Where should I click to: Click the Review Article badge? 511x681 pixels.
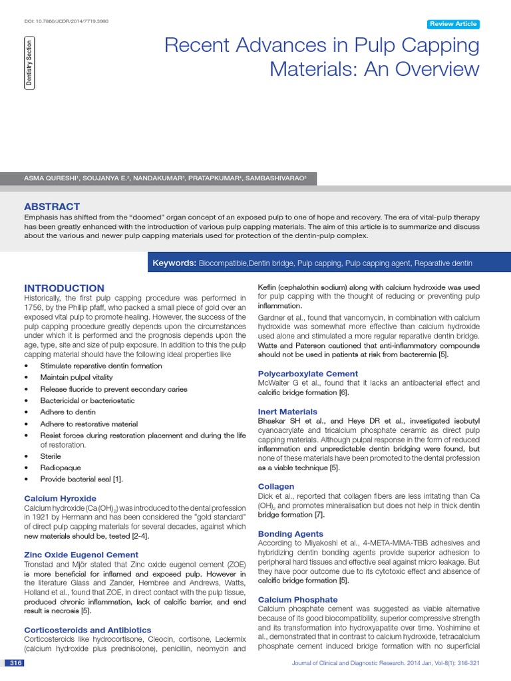[x=453, y=24]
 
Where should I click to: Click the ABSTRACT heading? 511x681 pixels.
[x=52, y=207]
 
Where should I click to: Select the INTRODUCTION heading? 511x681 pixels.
[x=64, y=288]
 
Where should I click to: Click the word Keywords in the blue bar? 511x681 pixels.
[x=174, y=263]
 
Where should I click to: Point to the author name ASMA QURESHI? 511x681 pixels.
[x=52, y=178]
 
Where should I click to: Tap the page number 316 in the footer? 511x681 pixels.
[x=14, y=663]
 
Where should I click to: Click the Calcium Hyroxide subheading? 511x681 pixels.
[x=60, y=498]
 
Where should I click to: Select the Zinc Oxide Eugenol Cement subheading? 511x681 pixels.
[x=81, y=555]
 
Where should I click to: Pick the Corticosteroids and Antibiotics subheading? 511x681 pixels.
[x=87, y=630]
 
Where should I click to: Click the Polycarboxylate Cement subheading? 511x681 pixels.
[x=307, y=374]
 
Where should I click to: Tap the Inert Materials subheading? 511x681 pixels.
[x=287, y=412]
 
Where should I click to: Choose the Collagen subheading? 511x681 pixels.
[x=275, y=487]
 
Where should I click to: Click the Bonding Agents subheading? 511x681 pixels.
[x=290, y=534]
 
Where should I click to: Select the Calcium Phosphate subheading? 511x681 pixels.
[x=297, y=600]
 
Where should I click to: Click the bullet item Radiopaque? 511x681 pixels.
[x=60, y=467]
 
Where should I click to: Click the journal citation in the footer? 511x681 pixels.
[x=385, y=664]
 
